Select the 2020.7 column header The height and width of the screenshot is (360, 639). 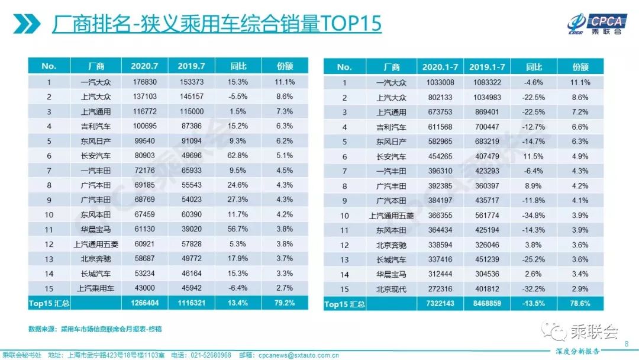[144, 66]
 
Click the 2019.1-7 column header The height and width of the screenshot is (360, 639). [486, 67]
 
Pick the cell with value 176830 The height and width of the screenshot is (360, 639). [144, 82]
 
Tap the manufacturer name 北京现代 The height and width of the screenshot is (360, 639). [392, 289]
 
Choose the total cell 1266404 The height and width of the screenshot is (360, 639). [144, 303]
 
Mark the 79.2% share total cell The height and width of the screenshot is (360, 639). [285, 303]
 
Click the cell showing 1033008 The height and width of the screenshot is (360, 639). [440, 82]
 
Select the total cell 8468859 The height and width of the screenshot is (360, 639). [486, 304]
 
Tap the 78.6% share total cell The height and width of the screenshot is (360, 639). [580, 304]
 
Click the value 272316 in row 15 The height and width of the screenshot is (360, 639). [440, 289]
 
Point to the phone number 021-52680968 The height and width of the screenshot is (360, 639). [210, 354]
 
